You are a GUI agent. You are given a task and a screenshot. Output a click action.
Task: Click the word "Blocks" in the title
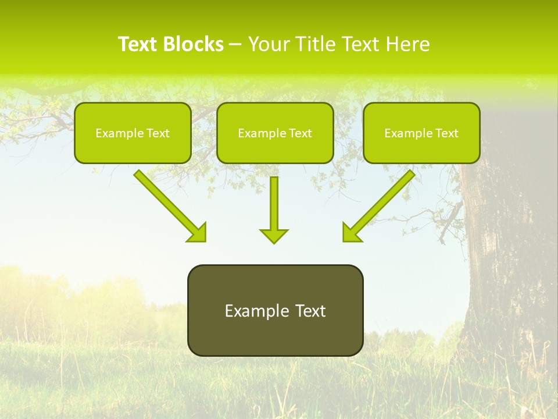coord(194,44)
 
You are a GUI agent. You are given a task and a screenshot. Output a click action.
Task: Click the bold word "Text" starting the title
coord(138,44)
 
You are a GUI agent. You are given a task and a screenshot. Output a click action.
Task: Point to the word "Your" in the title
coord(267,44)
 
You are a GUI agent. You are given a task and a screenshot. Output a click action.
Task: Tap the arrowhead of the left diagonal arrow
coord(198,233)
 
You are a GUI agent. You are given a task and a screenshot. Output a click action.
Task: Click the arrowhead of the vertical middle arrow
coord(274,236)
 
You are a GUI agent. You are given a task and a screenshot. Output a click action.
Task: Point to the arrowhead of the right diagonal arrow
coord(351,233)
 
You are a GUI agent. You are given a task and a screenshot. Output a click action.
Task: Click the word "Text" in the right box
coord(446,133)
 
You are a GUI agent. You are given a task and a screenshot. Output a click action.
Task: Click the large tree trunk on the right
coord(506,262)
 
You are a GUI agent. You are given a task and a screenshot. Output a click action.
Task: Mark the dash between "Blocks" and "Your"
coord(235,45)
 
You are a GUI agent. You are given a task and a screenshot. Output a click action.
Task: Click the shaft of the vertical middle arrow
coord(274,201)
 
